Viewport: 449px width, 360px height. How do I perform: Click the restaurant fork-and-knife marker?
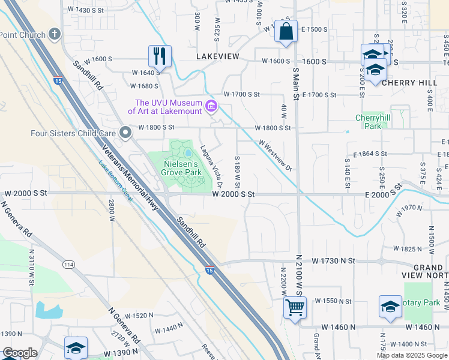[160, 56]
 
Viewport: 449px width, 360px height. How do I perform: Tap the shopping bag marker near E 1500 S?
[286, 31]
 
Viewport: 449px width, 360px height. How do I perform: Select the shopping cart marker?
[295, 307]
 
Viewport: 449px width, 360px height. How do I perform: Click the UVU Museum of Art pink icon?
[211, 107]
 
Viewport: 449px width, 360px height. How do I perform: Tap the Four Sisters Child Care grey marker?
[125, 132]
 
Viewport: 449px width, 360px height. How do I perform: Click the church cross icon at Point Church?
[55, 34]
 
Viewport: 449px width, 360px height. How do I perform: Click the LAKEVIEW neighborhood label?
[217, 56]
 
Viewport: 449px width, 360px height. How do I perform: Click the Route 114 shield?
[68, 265]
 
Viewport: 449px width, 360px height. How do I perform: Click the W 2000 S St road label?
[234, 194]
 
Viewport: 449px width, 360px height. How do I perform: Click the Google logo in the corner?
[20, 353]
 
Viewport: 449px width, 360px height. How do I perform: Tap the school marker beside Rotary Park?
[390, 307]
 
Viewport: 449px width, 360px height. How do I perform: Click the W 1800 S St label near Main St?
[273, 128]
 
